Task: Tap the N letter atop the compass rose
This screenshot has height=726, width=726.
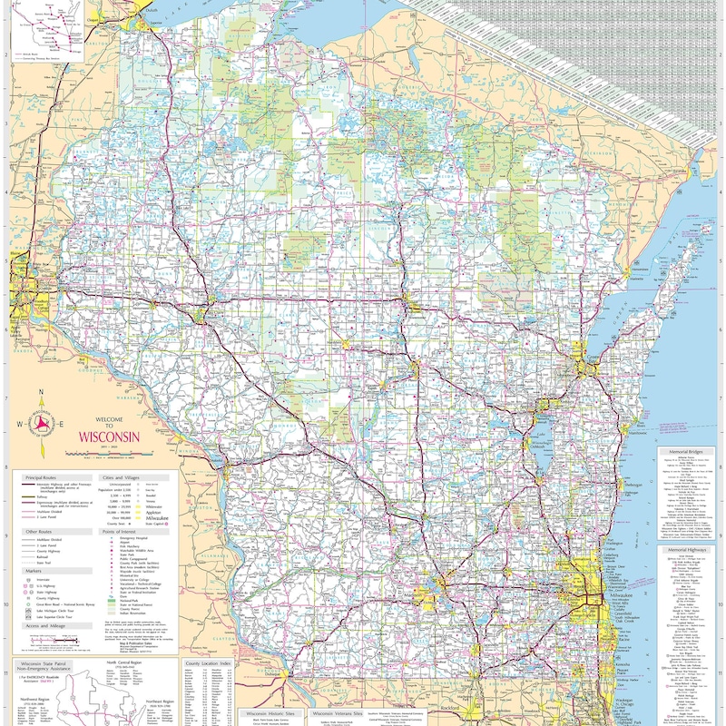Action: point(41,392)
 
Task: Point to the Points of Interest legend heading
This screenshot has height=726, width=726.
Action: point(126,532)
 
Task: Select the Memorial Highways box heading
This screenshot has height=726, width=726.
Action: point(688,550)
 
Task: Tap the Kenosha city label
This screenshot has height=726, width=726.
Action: point(624,664)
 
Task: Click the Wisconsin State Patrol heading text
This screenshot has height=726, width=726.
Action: point(51,663)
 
